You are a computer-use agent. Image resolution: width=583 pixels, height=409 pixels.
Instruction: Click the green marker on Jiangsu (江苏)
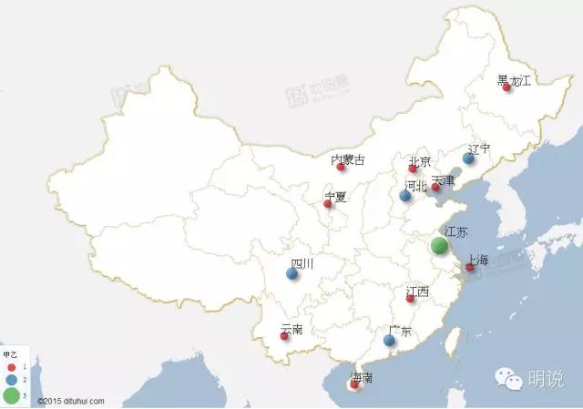[439, 245]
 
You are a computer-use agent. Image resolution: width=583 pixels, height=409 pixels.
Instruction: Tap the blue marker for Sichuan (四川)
[292, 273]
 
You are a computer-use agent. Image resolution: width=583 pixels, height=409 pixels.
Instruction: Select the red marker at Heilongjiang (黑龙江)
[506, 87]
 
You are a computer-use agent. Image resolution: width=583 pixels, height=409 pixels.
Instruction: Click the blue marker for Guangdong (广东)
[389, 341]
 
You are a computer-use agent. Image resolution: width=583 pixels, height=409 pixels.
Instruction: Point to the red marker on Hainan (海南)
[353, 384]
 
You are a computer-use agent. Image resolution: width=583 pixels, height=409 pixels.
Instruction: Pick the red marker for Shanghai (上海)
[469, 268]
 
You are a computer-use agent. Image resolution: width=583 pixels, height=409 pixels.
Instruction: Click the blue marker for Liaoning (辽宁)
[468, 158]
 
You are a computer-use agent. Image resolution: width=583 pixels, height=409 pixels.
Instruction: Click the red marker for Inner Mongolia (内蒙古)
[340, 168]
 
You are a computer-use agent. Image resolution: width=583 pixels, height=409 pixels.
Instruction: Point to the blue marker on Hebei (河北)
[404, 196]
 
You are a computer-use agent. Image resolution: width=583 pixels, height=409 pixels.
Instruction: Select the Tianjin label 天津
[443, 180]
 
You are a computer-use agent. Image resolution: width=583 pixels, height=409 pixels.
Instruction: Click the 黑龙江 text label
[514, 80]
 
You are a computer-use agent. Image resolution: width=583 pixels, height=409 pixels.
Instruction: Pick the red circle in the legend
[10, 364]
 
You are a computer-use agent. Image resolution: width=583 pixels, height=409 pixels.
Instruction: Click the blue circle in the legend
[10, 378]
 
